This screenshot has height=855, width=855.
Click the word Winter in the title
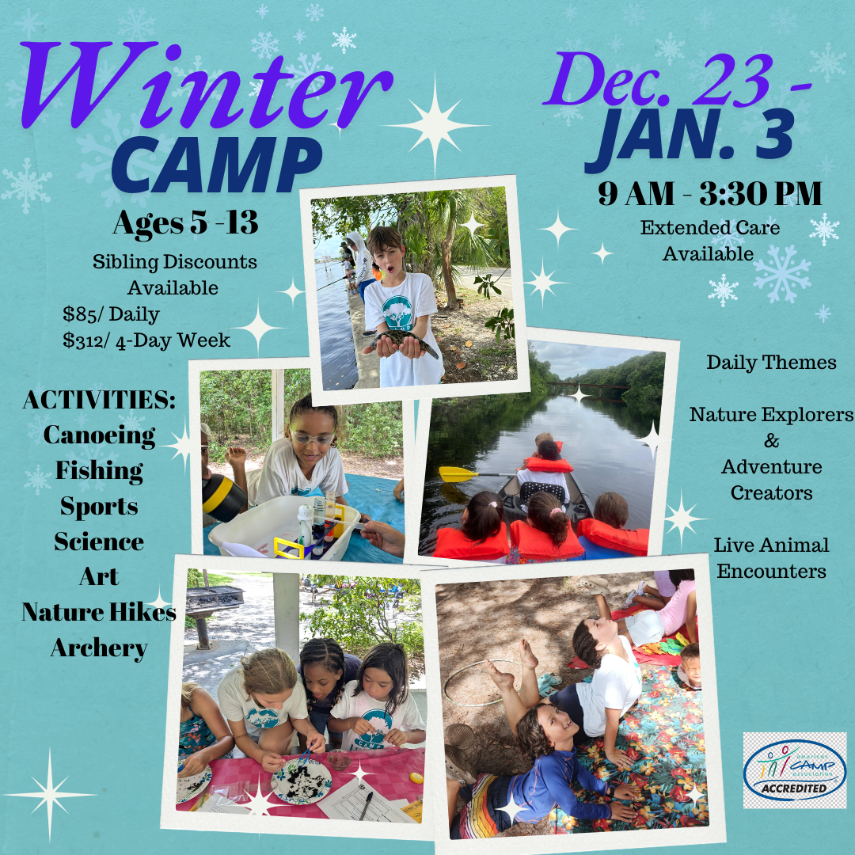pyautogui.click(x=206, y=85)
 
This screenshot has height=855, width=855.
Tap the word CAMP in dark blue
pyautogui.click(x=216, y=165)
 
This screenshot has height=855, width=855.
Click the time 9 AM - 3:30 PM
pyautogui.click(x=709, y=193)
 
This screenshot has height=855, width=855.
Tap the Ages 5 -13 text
pyautogui.click(x=185, y=222)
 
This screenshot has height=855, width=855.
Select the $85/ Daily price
pyautogui.click(x=111, y=314)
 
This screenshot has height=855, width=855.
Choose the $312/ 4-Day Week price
pyautogui.click(x=146, y=340)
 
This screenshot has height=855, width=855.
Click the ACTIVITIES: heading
pyautogui.click(x=99, y=400)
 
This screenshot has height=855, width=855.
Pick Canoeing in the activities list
pyautogui.click(x=99, y=435)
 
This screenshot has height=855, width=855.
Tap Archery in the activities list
pyautogui.click(x=99, y=648)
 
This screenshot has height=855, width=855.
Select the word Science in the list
pyautogui.click(x=99, y=542)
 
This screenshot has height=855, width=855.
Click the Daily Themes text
pyautogui.click(x=771, y=363)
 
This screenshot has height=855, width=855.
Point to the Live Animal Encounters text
pyautogui.click(x=771, y=558)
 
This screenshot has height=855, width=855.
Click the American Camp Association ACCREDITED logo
pyautogui.click(x=795, y=770)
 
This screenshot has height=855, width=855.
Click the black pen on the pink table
pyautogui.click(x=366, y=805)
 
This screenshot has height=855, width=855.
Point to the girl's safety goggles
pyautogui.click(x=313, y=436)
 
